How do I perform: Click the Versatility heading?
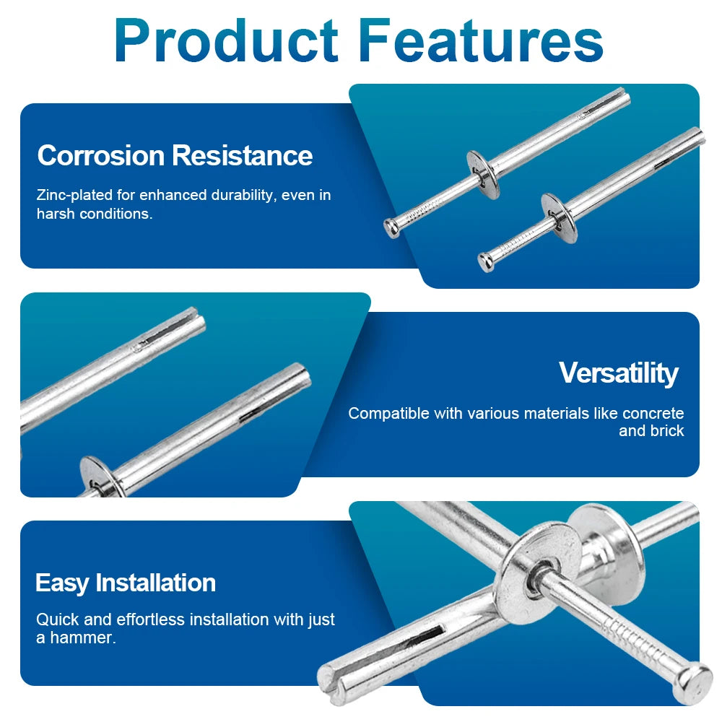point(618,373)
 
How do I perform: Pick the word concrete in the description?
point(653,414)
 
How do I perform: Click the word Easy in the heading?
point(62,582)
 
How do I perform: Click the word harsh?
point(56,214)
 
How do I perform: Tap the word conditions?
point(116,214)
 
